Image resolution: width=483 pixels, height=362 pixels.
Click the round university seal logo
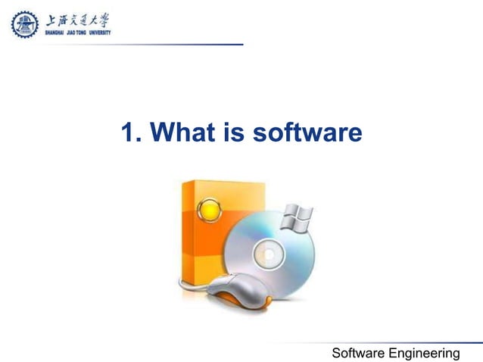(23, 25)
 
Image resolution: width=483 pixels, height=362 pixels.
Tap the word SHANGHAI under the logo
(55, 34)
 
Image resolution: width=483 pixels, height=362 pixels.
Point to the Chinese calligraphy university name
(75, 20)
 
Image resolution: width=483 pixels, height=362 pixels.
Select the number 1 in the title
(129, 133)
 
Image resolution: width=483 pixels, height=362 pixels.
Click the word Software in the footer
(360, 353)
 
